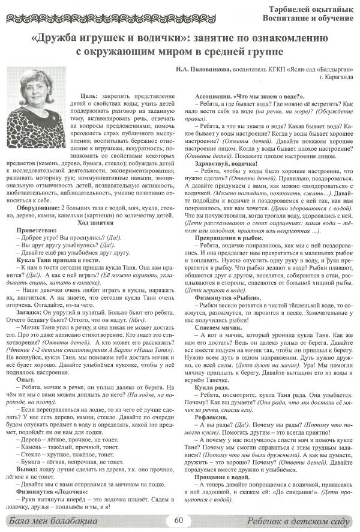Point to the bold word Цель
point(89,95)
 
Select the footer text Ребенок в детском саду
point(298,521)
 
